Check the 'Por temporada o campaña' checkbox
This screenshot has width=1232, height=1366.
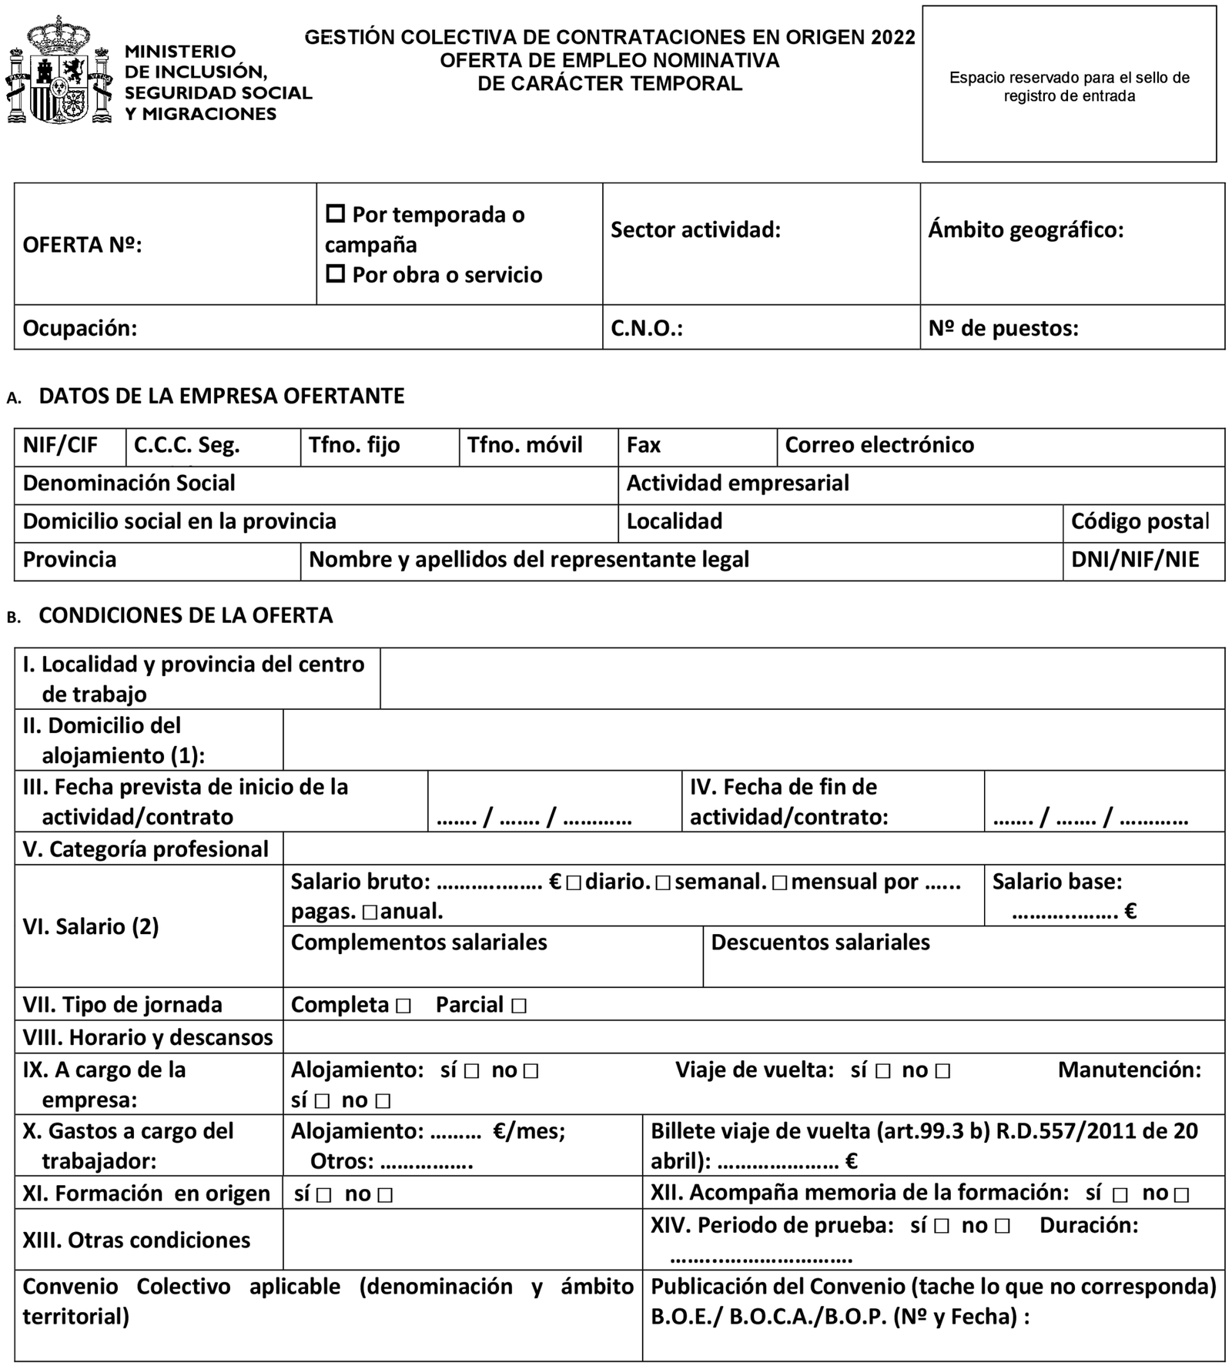pyautogui.click(x=335, y=213)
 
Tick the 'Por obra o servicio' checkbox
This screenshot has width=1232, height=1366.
pyautogui.click(x=335, y=273)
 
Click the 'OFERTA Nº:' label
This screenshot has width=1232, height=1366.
pyautogui.click(x=82, y=245)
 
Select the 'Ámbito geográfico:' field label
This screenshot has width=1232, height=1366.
pyautogui.click(x=1026, y=229)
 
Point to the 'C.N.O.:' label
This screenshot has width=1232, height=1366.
pyautogui.click(x=647, y=328)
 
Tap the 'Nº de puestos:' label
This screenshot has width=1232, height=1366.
pyautogui.click(x=1003, y=328)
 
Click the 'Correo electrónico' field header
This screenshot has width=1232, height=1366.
pyautogui.click(x=879, y=445)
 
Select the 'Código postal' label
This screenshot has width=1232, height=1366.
pyautogui.click(x=1140, y=521)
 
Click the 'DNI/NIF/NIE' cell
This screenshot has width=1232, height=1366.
pyautogui.click(x=1135, y=559)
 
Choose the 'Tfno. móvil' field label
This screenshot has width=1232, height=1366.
pyautogui.click(x=524, y=445)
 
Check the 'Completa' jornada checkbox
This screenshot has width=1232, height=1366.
pyautogui.click(x=403, y=1006)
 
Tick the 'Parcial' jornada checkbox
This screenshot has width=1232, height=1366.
pyautogui.click(x=518, y=1006)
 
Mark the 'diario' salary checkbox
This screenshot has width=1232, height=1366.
pyautogui.click(x=573, y=883)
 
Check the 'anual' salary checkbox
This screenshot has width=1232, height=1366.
pyautogui.click(x=369, y=913)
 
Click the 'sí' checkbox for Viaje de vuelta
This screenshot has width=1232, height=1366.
pyautogui.click(x=882, y=1071)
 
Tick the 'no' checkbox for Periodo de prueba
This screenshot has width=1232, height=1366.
pyautogui.click(x=1002, y=1227)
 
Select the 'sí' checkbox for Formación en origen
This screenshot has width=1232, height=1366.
pyautogui.click(x=323, y=1195)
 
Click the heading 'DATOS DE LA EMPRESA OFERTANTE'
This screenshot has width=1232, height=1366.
pyautogui.click(x=221, y=396)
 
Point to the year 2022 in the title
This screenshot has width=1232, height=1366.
pyautogui.click(x=893, y=37)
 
